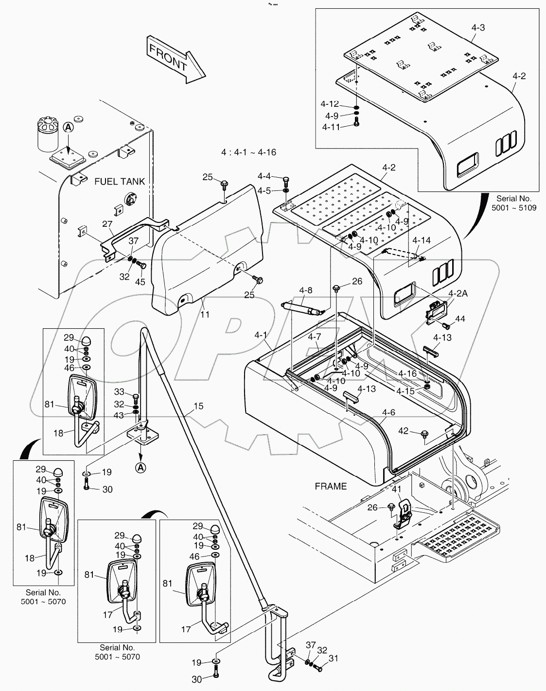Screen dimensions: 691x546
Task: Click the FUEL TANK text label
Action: (x=120, y=181)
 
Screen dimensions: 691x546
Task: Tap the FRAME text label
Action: (x=331, y=486)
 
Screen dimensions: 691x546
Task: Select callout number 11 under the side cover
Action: (x=205, y=315)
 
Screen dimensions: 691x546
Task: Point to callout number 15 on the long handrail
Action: (x=198, y=406)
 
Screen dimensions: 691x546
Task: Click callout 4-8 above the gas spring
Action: (x=305, y=291)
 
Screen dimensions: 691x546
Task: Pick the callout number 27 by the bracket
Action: (x=107, y=224)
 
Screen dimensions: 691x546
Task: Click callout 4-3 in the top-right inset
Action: (x=478, y=28)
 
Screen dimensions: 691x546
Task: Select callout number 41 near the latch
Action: (x=397, y=489)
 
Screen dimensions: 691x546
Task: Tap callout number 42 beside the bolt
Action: (x=404, y=430)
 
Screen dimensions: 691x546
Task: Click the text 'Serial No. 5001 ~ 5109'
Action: (x=514, y=203)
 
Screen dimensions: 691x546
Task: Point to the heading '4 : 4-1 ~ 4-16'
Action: (x=248, y=152)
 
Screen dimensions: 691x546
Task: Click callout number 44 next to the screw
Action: (x=460, y=319)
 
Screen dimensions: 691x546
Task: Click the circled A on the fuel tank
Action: (x=68, y=127)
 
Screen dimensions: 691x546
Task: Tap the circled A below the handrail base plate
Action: (x=140, y=468)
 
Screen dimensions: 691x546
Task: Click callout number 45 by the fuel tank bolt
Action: (x=140, y=282)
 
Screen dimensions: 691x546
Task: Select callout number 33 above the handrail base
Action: (x=120, y=392)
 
